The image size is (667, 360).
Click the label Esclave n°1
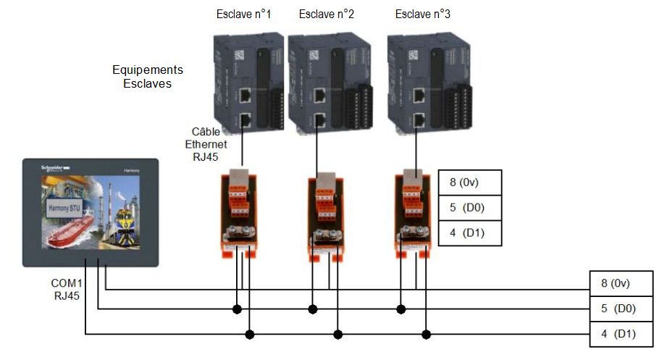point(243,14)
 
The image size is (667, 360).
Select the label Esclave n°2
point(326,14)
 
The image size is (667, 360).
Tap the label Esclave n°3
point(424,14)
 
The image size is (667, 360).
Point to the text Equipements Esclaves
point(148,77)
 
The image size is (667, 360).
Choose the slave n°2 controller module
point(326,81)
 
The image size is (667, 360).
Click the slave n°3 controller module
point(424,81)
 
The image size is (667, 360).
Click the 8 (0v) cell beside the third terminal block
point(469,182)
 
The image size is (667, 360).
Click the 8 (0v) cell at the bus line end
point(621,283)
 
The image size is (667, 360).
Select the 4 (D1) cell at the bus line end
point(621,335)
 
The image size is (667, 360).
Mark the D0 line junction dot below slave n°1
point(236,309)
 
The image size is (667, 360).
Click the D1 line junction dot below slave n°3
point(427,335)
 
